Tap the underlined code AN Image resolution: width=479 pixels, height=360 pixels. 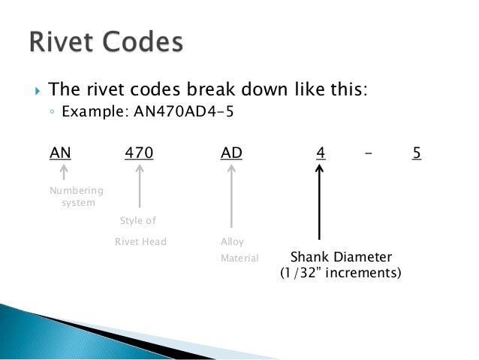(60, 153)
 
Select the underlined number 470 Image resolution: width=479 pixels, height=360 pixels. (139, 153)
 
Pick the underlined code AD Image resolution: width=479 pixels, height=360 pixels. (231, 153)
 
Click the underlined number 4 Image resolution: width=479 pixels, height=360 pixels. (320, 153)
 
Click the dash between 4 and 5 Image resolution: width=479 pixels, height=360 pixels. (368, 153)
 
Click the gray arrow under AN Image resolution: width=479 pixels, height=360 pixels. (64, 174)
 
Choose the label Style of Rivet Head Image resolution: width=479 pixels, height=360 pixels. (140, 231)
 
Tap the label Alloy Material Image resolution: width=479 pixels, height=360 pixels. (239, 250)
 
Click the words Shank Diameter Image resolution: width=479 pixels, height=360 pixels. (341, 256)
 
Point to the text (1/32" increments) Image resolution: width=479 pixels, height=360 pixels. (340, 273)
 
